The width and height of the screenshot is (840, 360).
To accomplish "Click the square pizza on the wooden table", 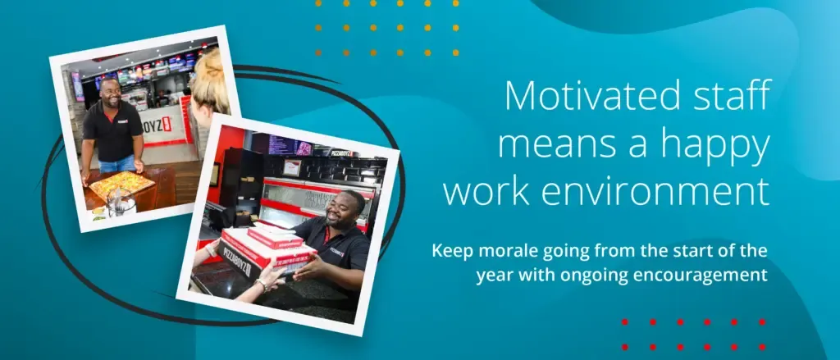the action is tap(122, 185).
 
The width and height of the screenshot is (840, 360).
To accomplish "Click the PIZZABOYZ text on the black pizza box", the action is tap(235, 262).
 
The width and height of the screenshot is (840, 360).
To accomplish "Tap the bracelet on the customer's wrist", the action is tap(262, 285).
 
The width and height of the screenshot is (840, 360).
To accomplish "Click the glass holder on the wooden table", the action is tap(121, 202).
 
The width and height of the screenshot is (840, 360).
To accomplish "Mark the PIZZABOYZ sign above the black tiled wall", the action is tap(342, 153).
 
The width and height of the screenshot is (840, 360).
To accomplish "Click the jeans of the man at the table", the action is tap(118, 164).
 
